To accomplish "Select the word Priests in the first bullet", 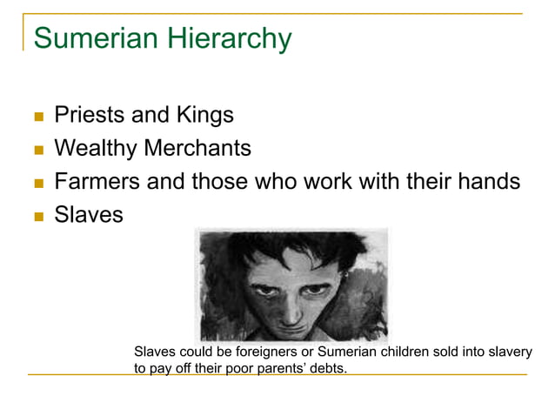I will coord(90,116).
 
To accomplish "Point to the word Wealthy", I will coord(94,149).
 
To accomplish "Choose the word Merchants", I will coord(197,149).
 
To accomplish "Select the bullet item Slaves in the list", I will coord(89,214).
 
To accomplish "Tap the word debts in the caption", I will coord(327,369).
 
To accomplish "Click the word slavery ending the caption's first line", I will coord(510,352).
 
